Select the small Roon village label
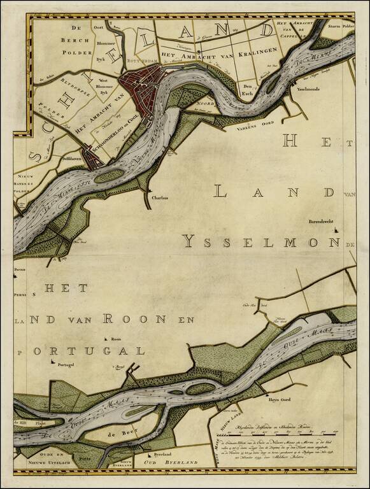point(116,339)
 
